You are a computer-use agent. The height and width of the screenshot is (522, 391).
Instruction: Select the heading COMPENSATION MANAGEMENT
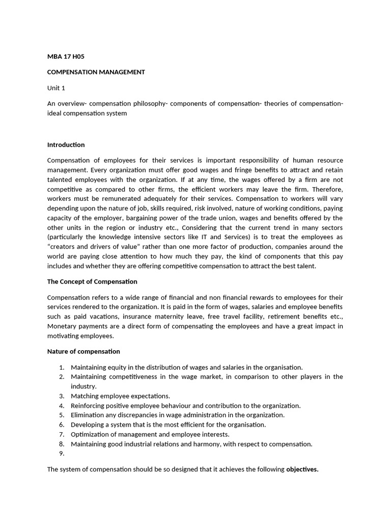96,72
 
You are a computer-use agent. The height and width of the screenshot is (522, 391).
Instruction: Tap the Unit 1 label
57,88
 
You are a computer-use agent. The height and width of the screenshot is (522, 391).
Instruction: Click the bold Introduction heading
66,145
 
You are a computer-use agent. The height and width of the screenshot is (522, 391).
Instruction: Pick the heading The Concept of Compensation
92,281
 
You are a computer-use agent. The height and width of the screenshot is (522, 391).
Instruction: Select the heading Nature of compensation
83,351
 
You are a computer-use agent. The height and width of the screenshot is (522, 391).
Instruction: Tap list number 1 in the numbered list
61,367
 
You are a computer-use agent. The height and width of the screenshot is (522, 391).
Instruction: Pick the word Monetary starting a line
62,326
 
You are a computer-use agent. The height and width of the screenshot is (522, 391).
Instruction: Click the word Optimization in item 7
90,434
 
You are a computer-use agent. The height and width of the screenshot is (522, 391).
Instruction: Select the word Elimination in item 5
88,415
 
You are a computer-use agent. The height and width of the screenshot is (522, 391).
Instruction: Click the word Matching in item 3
84,396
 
